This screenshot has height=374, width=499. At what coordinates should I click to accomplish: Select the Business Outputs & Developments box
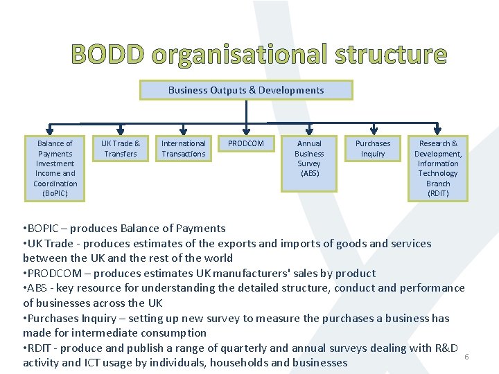point(246,90)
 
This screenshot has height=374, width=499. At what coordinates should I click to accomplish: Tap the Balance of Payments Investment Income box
point(55,168)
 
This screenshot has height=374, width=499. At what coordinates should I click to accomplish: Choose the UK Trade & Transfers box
point(121,148)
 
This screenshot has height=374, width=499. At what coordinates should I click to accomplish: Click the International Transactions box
point(184,148)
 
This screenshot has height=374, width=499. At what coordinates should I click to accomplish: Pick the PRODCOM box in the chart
point(246,144)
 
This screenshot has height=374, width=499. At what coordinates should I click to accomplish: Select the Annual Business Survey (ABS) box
point(309,163)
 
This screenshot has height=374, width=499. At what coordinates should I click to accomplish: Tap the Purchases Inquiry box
point(373,148)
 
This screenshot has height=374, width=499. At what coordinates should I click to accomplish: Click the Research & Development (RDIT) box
point(438,168)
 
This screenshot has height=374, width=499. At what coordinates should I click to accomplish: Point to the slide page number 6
point(466,356)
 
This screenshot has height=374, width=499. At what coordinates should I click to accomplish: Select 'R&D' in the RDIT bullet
point(446,348)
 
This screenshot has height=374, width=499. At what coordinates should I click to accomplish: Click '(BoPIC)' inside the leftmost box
point(55,193)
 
